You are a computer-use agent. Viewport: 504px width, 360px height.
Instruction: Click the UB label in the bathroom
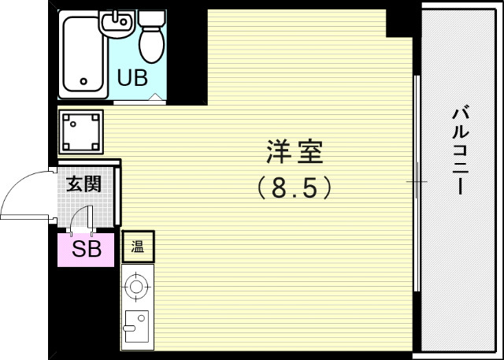click(133, 78)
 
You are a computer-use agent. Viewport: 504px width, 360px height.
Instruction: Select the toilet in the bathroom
click(150, 36)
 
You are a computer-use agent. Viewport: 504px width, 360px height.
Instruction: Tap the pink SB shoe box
click(87, 250)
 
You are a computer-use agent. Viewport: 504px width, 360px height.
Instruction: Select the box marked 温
click(138, 247)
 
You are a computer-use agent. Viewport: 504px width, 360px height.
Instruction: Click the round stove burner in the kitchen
click(137, 286)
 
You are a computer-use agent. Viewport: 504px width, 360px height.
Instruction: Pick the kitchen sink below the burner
click(135, 328)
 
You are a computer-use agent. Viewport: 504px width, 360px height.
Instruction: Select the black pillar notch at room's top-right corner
click(399, 23)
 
